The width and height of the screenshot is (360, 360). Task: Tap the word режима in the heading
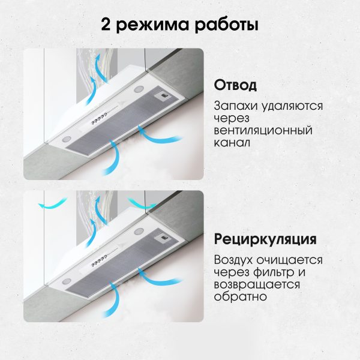pos(150,26)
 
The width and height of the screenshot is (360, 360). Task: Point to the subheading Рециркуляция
pos(265,240)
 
